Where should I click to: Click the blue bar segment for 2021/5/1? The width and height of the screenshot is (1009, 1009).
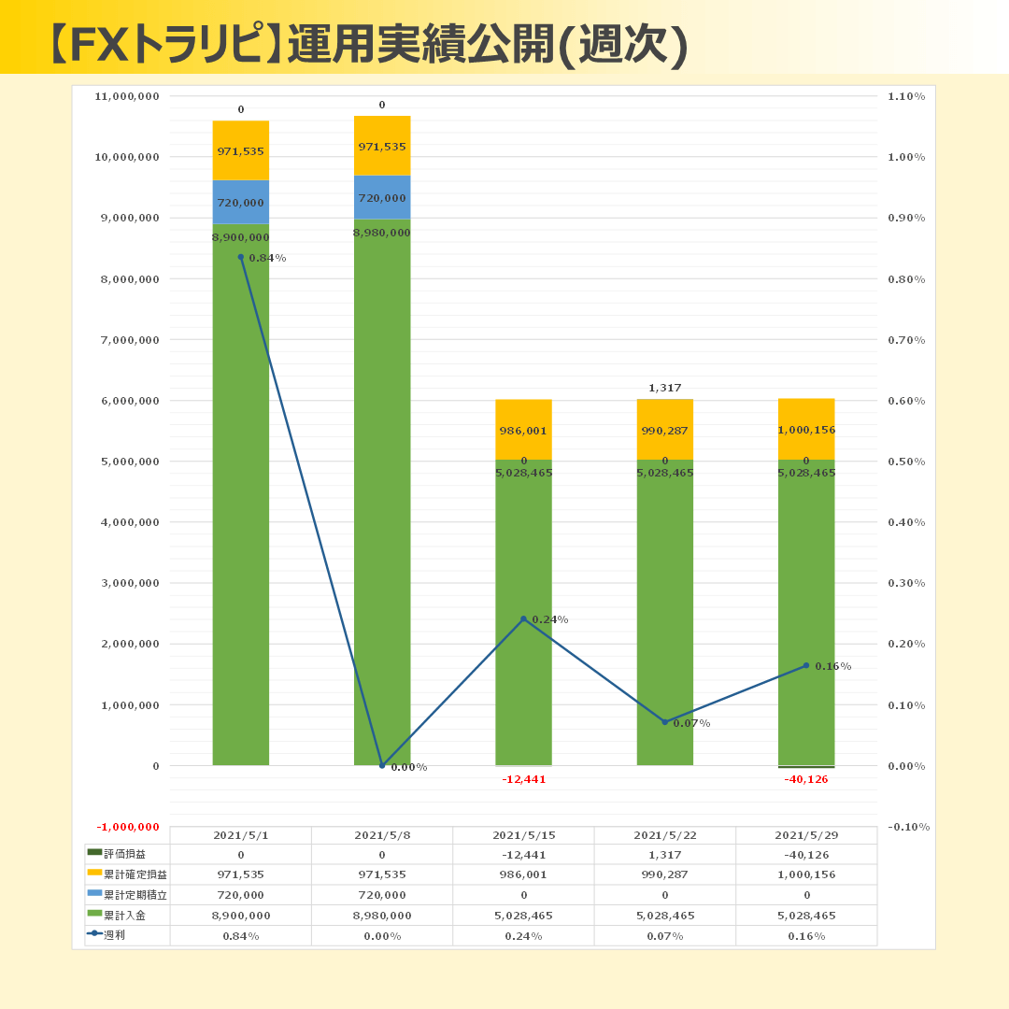pyautogui.click(x=240, y=201)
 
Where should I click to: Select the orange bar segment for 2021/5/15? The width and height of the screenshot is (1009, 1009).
pyautogui.click(x=523, y=429)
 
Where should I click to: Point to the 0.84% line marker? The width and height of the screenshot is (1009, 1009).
pyautogui.click(x=240, y=257)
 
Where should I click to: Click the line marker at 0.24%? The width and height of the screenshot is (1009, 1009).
pyautogui.click(x=523, y=618)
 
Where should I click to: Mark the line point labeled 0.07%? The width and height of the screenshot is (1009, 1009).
pyautogui.click(x=665, y=722)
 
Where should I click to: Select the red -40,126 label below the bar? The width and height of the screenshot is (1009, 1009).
pyautogui.click(x=805, y=779)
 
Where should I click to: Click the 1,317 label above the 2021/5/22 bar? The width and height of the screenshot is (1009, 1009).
pyautogui.click(x=664, y=388)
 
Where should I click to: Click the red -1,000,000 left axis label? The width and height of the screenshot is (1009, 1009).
pyautogui.click(x=127, y=827)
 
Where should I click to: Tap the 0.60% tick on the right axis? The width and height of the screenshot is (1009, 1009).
pyautogui.click(x=906, y=401)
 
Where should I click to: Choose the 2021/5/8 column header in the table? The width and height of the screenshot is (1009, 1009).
pyautogui.click(x=382, y=835)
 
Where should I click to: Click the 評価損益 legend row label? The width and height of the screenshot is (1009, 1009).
pyautogui.click(x=124, y=854)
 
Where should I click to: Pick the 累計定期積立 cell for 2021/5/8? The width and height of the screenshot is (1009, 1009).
pyautogui.click(x=382, y=895)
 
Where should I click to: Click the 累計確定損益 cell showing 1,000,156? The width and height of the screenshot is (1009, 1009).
pyautogui.click(x=806, y=874)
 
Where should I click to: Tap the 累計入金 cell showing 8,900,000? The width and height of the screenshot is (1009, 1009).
pyautogui.click(x=240, y=916)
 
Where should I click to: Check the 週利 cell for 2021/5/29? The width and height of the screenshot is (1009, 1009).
pyautogui.click(x=806, y=936)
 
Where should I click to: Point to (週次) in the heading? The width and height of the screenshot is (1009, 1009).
pyautogui.click(x=626, y=43)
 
